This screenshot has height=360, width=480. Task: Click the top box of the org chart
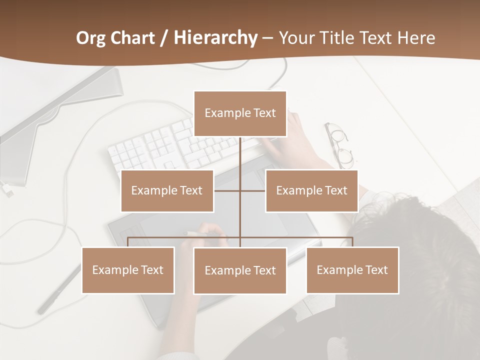click(240, 113)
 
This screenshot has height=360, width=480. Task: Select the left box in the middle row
click(167, 190)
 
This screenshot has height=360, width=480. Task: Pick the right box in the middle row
click(311, 190)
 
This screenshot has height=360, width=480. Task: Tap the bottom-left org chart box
click(128, 270)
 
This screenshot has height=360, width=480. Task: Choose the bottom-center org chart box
click(240, 270)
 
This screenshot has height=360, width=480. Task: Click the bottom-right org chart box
click(352, 270)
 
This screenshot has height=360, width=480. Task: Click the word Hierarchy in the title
click(215, 38)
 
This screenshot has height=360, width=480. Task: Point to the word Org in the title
click(91, 38)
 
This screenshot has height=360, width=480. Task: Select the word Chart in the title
click(133, 38)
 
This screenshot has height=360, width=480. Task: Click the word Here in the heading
click(416, 38)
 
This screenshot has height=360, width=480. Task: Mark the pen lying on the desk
click(60, 290)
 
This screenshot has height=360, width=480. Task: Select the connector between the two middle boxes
click(239, 190)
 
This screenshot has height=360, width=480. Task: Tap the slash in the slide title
click(164, 38)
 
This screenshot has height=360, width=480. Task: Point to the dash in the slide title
click(267, 38)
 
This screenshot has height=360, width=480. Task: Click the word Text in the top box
click(263, 113)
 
